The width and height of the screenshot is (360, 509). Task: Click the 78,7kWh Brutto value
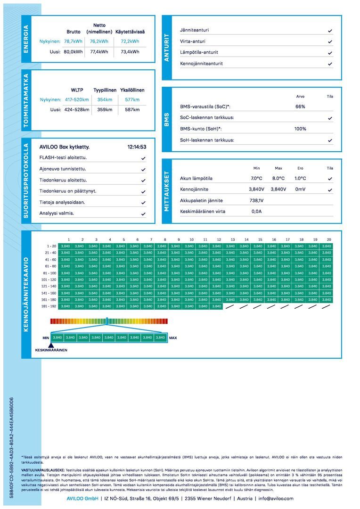point(73,41)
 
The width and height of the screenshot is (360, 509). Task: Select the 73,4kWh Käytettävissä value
point(130,52)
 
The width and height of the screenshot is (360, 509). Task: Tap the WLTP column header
point(77,90)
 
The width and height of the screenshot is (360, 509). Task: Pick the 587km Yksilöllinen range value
point(132,110)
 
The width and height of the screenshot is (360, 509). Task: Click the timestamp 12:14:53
point(137,147)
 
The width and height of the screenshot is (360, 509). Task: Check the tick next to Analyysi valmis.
point(143,213)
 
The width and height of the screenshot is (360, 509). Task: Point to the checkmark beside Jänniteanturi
point(330,31)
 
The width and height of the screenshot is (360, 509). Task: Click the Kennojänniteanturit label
point(201,64)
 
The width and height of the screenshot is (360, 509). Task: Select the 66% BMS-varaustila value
point(300,107)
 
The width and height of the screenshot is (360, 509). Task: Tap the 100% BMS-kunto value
point(300,129)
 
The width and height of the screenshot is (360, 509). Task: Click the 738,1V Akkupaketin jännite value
point(256,200)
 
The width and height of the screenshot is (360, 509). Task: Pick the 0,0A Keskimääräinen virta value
point(256,212)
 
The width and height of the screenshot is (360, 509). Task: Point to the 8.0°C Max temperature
point(278,179)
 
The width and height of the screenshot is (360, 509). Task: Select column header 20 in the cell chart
point(328,239)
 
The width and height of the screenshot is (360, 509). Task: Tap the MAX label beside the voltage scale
point(173,338)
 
